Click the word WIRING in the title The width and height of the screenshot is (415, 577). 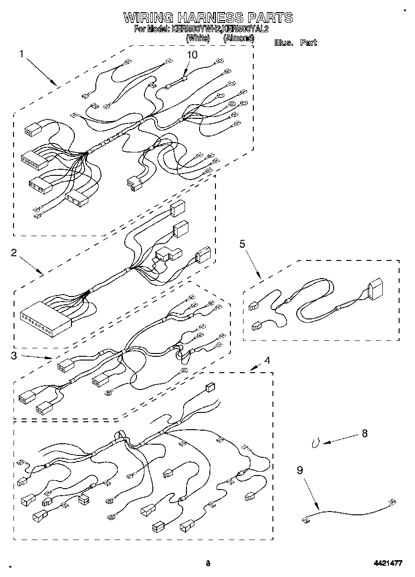(148, 18)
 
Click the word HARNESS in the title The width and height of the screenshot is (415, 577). (210, 18)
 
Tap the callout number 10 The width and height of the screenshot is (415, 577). (192, 55)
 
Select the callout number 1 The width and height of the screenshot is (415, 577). (21, 54)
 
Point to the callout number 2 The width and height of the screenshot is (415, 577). (14, 253)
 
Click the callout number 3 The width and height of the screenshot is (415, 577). (14, 355)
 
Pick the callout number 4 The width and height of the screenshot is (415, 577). (267, 360)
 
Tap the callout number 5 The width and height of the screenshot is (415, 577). (243, 244)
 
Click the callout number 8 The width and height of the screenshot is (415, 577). (365, 433)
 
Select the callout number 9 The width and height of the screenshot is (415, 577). (300, 470)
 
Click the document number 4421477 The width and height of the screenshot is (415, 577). (388, 563)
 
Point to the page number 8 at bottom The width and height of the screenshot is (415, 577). (207, 563)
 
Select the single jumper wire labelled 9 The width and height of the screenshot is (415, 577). (348, 509)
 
